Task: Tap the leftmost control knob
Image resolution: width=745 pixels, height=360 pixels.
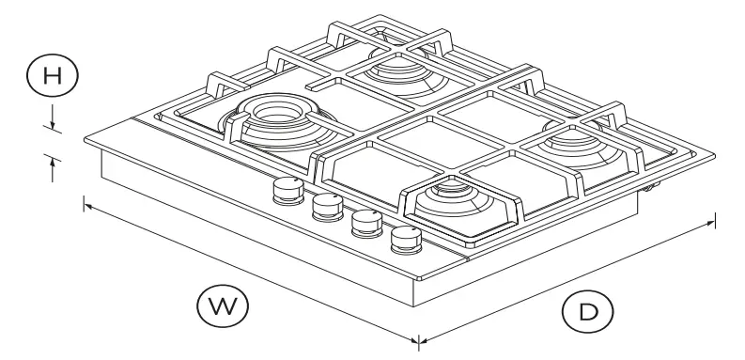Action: pyautogui.click(x=286, y=192)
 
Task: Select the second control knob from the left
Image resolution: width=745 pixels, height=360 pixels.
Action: pyautogui.click(x=326, y=206)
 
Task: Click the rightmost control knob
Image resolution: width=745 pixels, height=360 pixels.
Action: pyautogui.click(x=407, y=239)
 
